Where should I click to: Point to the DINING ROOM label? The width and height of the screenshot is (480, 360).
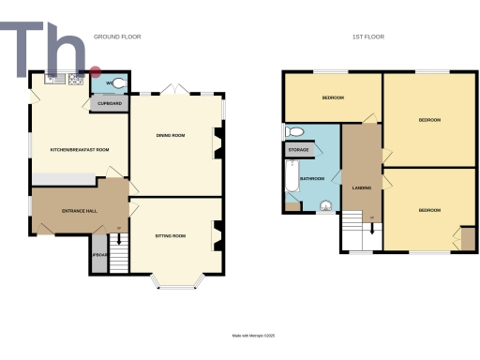click(170, 136)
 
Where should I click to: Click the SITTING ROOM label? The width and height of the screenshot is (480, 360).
click(170, 236)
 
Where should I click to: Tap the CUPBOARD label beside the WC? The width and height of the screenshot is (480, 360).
click(110, 103)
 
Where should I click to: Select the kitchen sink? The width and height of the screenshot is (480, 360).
click(47, 80)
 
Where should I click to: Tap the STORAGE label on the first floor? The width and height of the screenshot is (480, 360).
click(298, 149)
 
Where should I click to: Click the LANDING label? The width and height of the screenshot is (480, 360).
click(361, 187)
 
